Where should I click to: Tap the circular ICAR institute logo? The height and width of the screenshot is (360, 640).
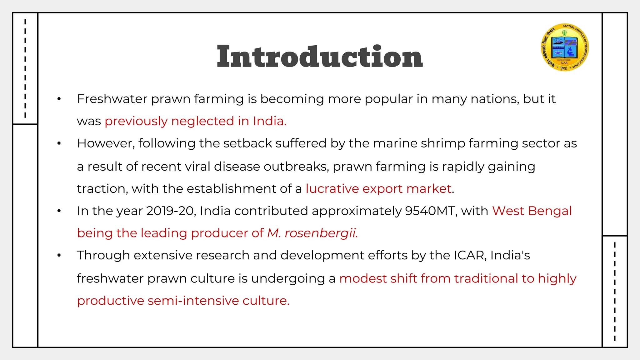tap(565, 47)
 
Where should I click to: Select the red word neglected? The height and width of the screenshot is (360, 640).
tap(202, 121)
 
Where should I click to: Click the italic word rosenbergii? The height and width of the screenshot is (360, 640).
tap(321, 233)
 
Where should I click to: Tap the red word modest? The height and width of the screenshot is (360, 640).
tap(362, 278)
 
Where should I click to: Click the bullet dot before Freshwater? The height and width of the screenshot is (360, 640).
tap(59, 99)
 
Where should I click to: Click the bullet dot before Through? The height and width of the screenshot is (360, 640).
tap(59, 256)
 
